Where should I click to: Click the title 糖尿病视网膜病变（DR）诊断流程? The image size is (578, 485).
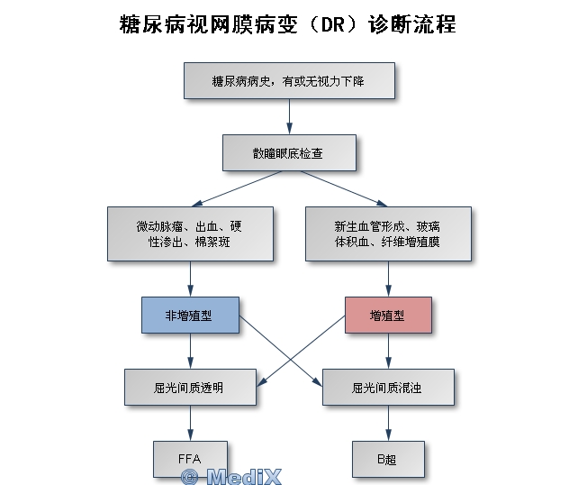(288, 24)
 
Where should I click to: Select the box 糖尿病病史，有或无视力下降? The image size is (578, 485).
(289, 80)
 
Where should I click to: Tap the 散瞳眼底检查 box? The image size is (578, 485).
(289, 152)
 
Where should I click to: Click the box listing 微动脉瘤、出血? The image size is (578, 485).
(190, 233)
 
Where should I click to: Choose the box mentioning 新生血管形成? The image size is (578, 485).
(388, 233)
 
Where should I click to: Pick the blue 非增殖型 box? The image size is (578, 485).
(190, 316)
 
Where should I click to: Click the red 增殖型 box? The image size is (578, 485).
(388, 316)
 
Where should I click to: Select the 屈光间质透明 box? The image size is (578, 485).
(190, 387)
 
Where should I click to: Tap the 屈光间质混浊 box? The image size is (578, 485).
(388, 387)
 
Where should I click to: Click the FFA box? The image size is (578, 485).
(190, 459)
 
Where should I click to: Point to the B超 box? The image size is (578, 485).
(388, 459)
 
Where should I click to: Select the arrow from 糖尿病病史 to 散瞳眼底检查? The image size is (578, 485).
(289, 116)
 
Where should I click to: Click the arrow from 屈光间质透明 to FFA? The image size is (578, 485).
(190, 423)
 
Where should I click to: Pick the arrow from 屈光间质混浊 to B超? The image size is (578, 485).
(388, 423)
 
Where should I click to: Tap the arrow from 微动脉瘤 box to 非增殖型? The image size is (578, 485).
(190, 279)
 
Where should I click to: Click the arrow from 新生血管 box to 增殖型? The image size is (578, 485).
(388, 279)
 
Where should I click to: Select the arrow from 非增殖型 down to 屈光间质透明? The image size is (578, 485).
(190, 351)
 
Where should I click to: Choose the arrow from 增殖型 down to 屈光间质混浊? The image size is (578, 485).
(388, 351)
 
